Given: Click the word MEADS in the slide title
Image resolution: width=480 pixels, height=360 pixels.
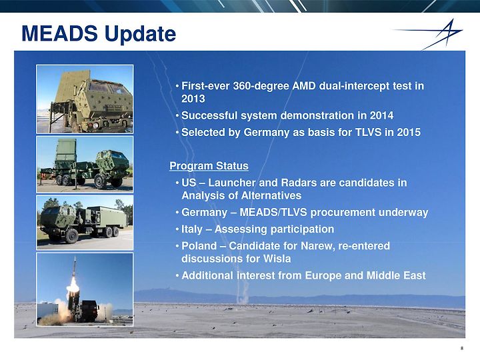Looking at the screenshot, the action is [60, 33].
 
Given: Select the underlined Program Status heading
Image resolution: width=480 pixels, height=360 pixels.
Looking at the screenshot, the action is [209, 166].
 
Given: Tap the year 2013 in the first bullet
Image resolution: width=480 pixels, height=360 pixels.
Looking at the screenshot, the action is [193, 99].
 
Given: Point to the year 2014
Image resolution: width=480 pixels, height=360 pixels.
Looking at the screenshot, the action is [381, 115].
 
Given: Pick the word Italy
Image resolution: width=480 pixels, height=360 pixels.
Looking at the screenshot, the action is [192, 229].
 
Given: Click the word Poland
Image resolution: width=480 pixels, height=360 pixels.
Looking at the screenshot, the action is [199, 246].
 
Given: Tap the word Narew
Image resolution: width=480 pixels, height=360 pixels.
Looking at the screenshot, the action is [317, 246].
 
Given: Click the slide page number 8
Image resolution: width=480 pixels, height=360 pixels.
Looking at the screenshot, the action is [462, 348].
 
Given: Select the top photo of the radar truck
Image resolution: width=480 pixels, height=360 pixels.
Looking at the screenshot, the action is [85, 99].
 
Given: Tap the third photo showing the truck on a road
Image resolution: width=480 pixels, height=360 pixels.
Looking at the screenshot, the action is [85, 223].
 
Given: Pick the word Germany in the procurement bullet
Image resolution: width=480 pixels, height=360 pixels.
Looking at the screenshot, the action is [204, 213].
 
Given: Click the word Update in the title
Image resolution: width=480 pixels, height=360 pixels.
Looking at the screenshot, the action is [141, 34].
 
